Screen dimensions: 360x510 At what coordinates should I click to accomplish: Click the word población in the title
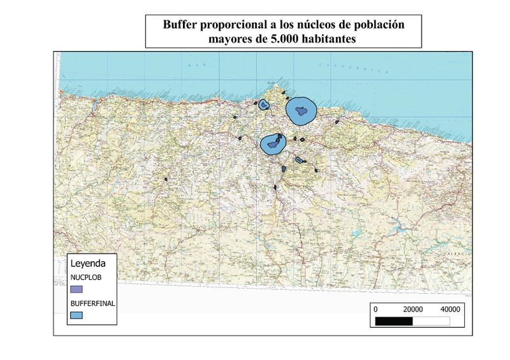point(377,25)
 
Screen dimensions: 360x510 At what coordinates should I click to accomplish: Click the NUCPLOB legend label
point(85,278)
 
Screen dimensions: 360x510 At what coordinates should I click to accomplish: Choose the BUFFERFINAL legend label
point(92,304)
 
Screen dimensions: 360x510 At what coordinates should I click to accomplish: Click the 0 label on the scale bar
point(375,308)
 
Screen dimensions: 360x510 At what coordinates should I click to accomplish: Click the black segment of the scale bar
point(395,320)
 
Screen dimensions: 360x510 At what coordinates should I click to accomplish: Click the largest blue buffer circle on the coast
point(300,111)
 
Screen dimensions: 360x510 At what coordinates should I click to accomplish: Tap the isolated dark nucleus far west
point(166,180)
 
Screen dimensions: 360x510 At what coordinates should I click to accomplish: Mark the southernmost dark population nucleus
point(275,187)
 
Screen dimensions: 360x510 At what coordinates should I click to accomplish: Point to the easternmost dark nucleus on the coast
point(337,122)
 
